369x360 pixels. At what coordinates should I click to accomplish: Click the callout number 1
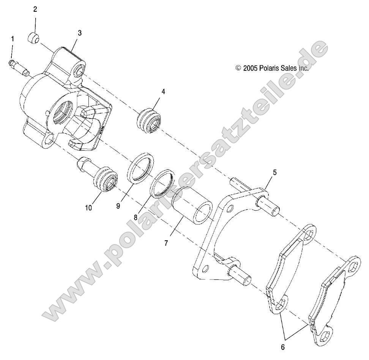coord(13,39)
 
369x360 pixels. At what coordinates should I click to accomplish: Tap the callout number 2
coord(35,9)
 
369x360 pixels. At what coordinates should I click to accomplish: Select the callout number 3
coord(79,33)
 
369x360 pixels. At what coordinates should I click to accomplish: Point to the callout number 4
coord(153,92)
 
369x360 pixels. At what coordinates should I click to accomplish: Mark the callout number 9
coord(118,205)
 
